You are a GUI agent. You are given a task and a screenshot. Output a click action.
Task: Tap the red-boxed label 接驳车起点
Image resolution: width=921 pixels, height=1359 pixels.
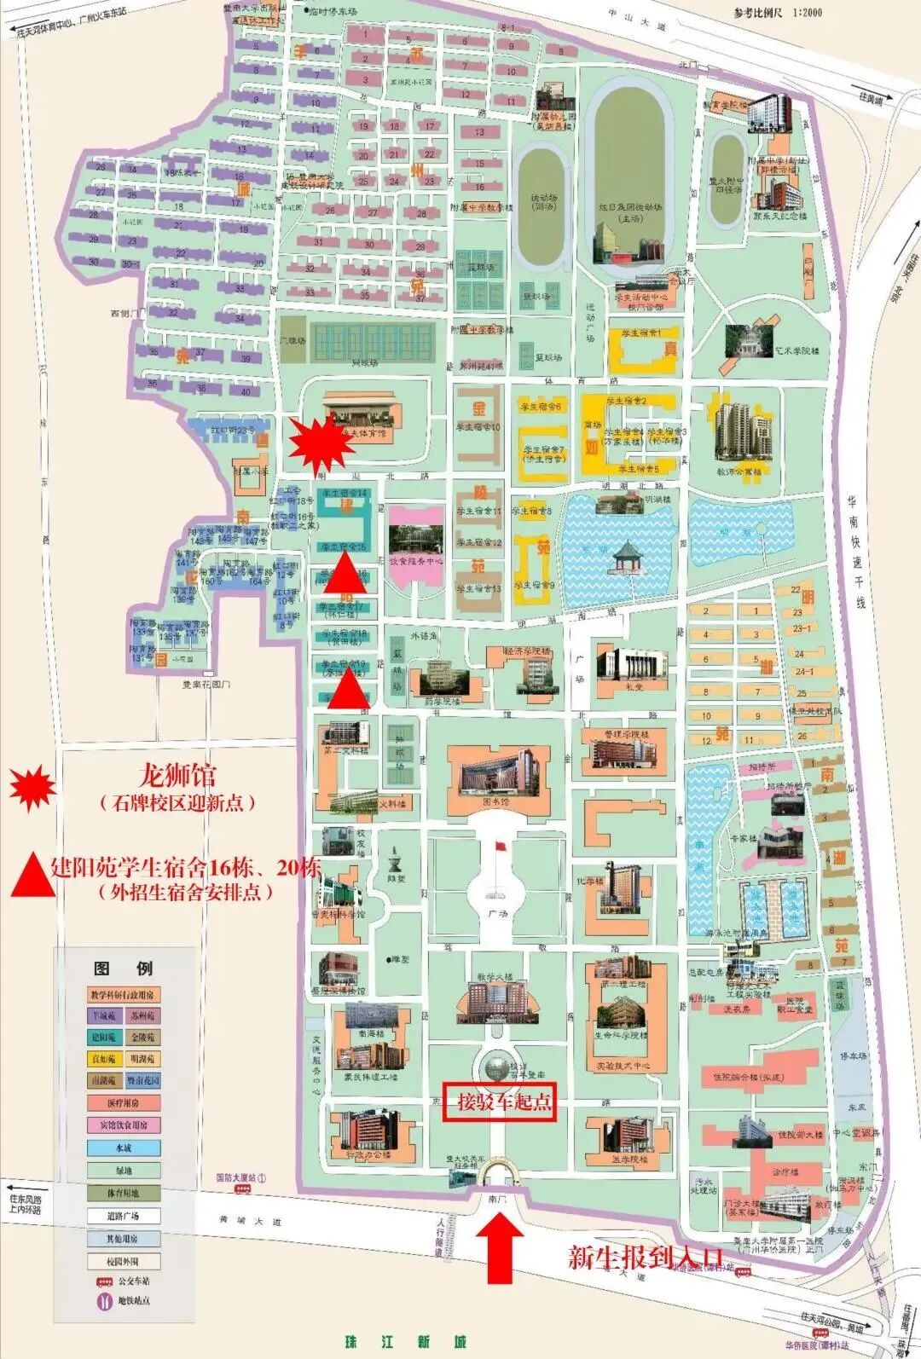pos(500,1102)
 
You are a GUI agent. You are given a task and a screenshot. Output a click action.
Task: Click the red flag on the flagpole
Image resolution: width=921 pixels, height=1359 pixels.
pos(500,847)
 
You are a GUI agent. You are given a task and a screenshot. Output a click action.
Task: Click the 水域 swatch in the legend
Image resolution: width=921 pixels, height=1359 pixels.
pos(124,1148)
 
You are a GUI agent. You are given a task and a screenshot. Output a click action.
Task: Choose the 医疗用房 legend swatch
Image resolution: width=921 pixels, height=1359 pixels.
pos(124,1103)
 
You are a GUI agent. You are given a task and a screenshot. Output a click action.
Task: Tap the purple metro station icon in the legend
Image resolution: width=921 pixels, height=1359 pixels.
pos(102,1302)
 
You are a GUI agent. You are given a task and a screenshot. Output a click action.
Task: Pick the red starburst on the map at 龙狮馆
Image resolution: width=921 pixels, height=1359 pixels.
pos(321,442)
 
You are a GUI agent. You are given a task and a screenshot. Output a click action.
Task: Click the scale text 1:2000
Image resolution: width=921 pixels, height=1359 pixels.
pos(795,13)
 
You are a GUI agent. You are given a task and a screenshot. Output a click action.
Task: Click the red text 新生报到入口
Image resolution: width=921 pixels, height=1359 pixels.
pos(646,1257)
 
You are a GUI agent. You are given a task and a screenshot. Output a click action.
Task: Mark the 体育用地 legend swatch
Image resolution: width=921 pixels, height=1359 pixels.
pos(124,1193)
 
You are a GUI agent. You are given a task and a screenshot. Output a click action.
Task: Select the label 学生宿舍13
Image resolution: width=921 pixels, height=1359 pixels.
pos(478,588)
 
